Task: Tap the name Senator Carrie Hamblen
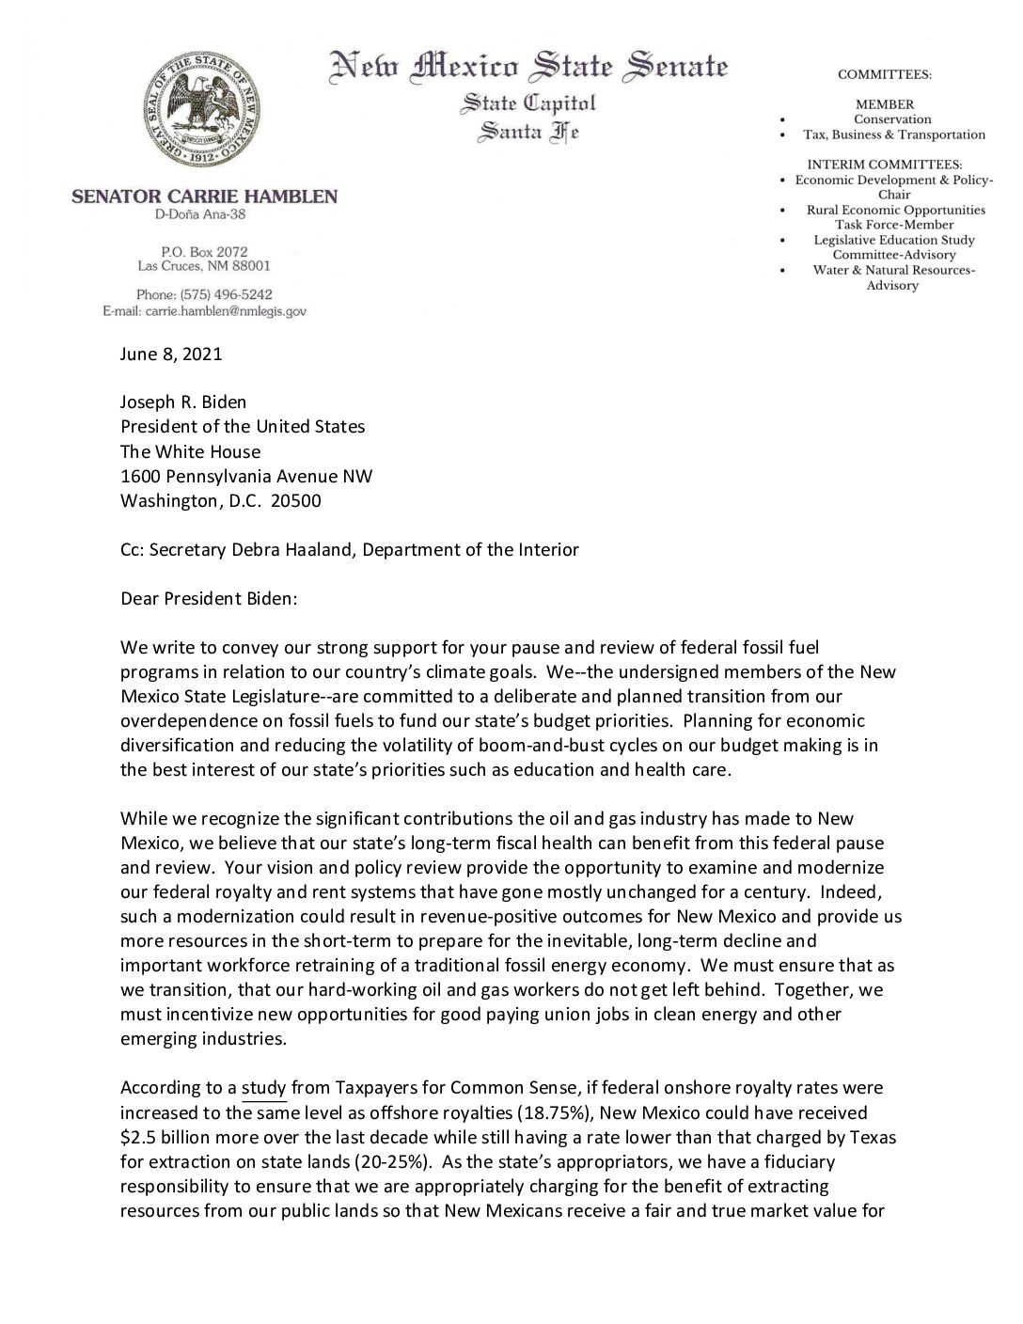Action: (204, 197)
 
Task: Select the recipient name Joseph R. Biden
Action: (183, 402)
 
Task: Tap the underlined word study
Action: (264, 1088)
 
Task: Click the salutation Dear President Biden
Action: (209, 598)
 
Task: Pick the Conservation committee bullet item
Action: (892, 119)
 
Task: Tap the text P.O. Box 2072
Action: (204, 251)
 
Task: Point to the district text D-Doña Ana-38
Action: (204, 215)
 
